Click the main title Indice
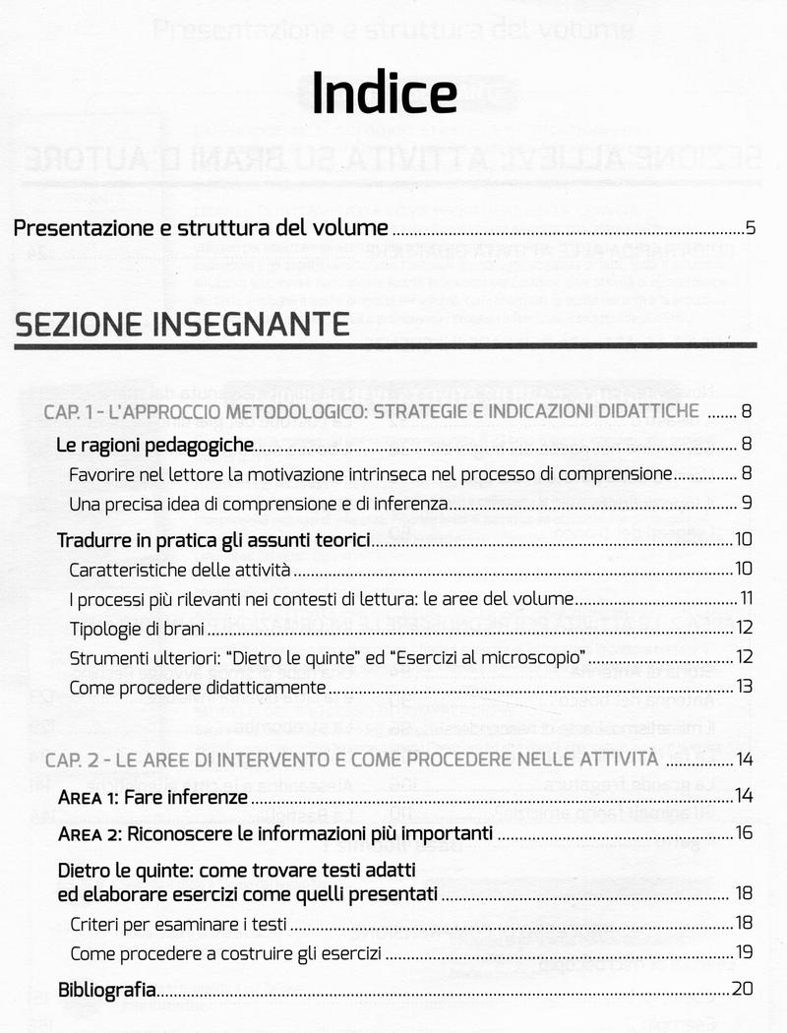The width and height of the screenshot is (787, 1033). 385,94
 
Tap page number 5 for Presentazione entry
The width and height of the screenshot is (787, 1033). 750,230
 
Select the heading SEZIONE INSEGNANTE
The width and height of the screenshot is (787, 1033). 181,324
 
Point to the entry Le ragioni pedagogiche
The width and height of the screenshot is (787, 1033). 154,446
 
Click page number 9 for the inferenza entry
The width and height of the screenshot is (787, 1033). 748,505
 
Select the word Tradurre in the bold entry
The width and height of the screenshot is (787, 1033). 92,540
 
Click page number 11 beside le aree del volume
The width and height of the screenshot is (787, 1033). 747,598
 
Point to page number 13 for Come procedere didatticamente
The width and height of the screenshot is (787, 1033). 745,686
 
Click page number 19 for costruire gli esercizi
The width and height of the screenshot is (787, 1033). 744,952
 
